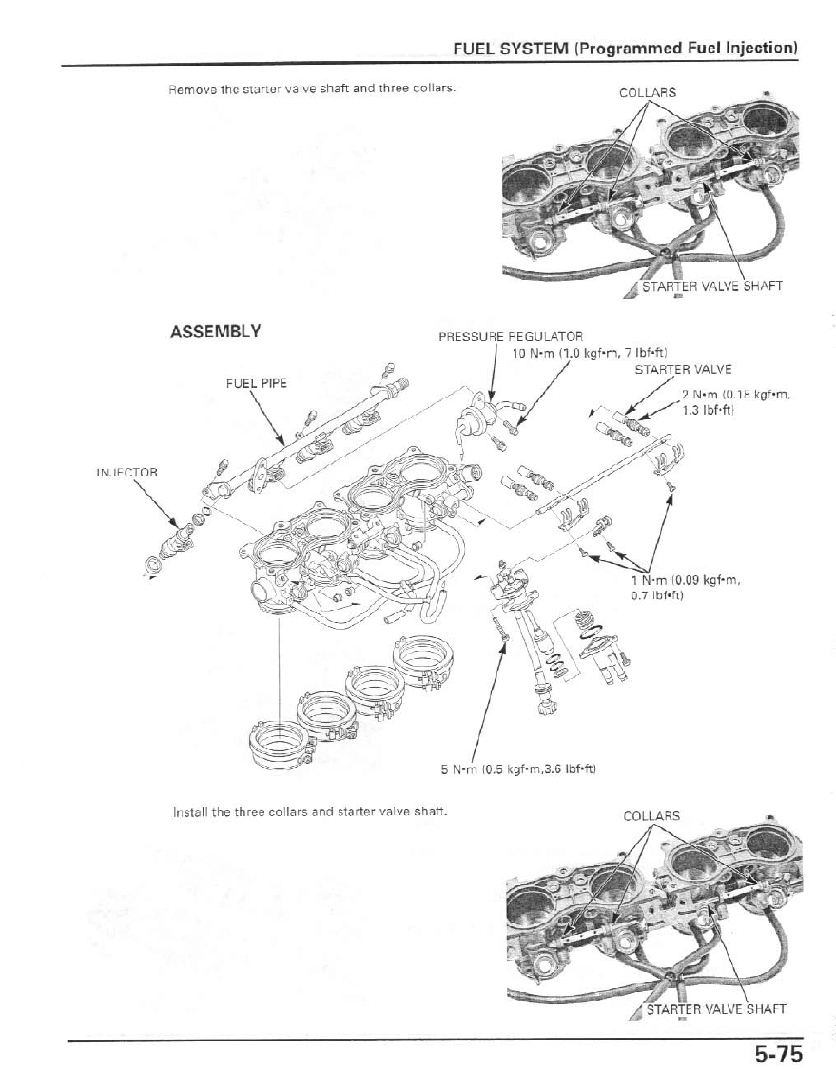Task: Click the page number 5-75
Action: coord(779,1053)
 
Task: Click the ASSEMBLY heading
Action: coord(215,331)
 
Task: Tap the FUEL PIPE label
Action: coord(256,382)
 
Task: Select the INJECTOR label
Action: coord(126,472)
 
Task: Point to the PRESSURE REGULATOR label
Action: coord(511,337)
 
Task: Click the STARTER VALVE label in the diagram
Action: coord(683,370)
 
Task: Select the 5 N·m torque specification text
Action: coord(517,768)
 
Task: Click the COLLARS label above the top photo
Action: coord(648,93)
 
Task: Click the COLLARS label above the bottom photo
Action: coord(651,816)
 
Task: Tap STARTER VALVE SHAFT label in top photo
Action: coord(711,286)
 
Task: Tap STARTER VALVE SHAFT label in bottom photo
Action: coord(715,1009)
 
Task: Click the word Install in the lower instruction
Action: coord(190,812)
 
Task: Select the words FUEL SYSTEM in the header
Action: coord(512,48)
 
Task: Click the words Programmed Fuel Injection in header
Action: coord(687,48)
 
